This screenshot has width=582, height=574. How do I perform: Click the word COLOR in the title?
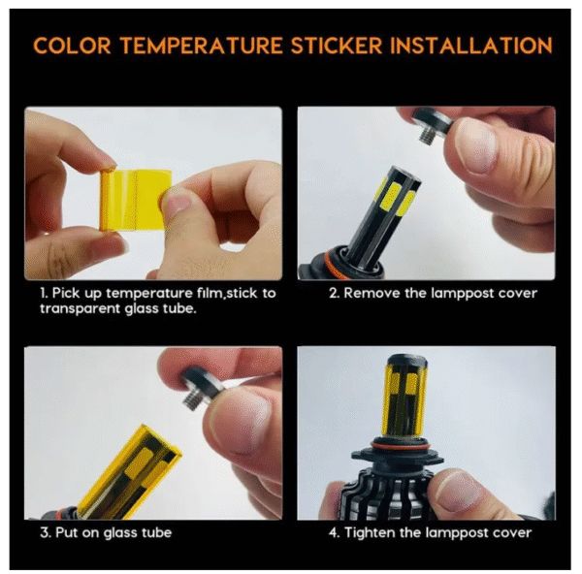[72, 46]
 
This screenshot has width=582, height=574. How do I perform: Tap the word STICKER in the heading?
[337, 46]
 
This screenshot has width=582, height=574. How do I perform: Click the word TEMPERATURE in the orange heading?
[201, 46]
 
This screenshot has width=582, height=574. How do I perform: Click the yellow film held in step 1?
[134, 201]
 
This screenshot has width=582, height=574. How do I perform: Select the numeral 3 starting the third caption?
[45, 533]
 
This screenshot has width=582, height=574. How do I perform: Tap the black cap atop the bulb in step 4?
[406, 361]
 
